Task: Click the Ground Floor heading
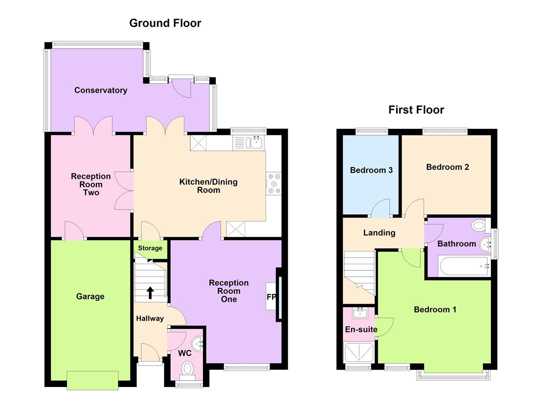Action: click(165, 23)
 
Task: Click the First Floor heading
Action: click(416, 110)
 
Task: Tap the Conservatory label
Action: click(101, 90)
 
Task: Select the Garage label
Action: click(90, 296)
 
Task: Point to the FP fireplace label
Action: click(271, 297)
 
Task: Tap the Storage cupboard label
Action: click(150, 248)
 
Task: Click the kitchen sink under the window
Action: click(256, 143)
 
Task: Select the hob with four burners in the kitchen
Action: click(274, 183)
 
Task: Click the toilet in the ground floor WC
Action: click(187, 369)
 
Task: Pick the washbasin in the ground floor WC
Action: click(198, 343)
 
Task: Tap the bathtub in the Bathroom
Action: click(464, 266)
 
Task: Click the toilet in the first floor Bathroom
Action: click(478, 225)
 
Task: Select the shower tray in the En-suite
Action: click(359, 352)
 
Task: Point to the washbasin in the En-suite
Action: click(360, 313)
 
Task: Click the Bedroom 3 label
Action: click(371, 170)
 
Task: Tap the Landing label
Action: click(379, 233)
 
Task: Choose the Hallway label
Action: click(150, 318)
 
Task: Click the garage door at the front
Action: click(93, 380)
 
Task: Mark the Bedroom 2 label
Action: click(447, 167)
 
